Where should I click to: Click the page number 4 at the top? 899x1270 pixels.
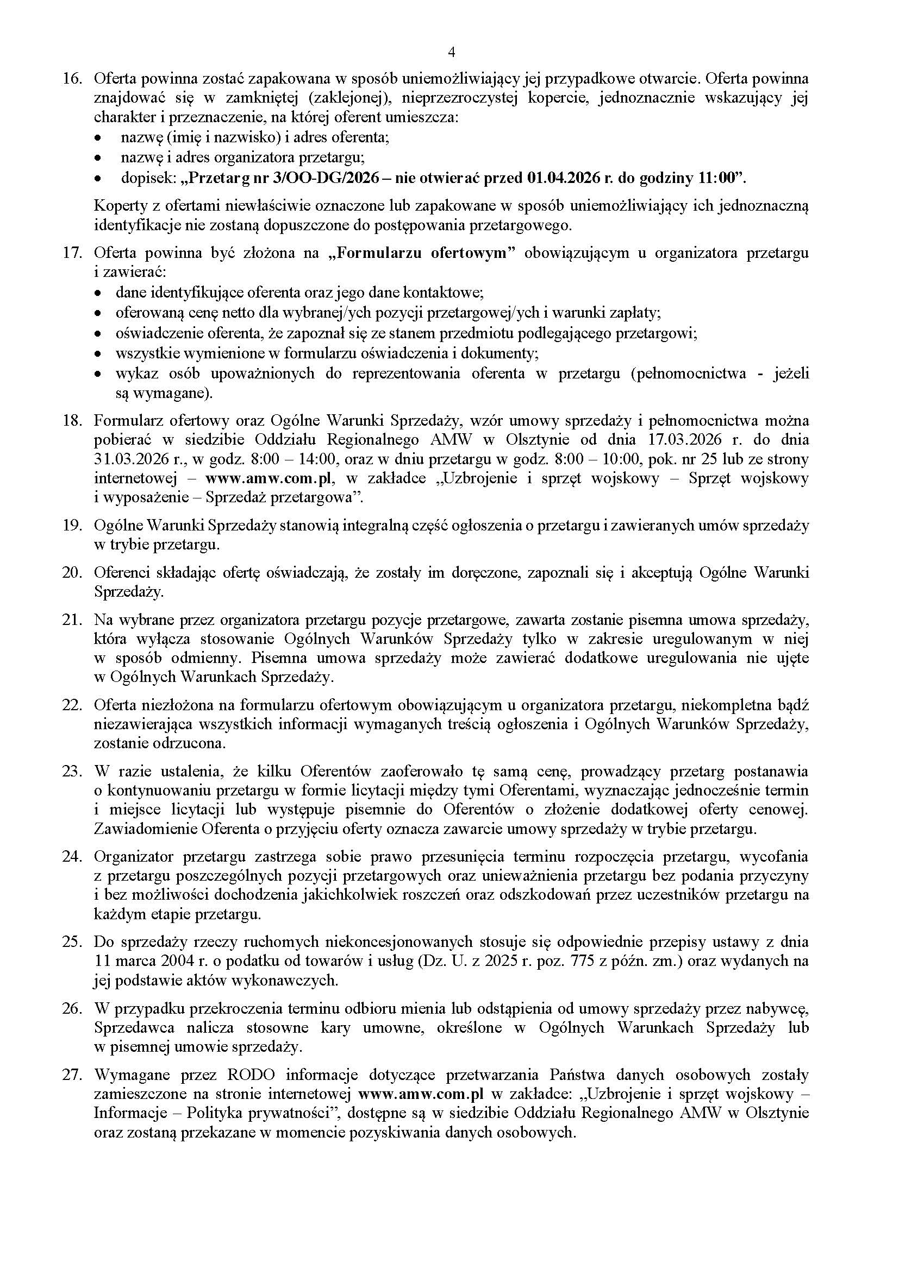[451, 53]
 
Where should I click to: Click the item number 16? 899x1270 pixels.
[71, 79]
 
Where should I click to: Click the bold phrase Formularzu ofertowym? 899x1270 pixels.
[426, 254]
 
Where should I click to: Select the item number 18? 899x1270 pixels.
[71, 421]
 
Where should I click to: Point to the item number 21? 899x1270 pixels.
[71, 620]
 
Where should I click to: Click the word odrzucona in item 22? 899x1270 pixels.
[190, 743]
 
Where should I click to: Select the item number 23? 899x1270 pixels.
[71, 772]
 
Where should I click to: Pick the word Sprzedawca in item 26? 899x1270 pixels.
[134, 1028]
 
